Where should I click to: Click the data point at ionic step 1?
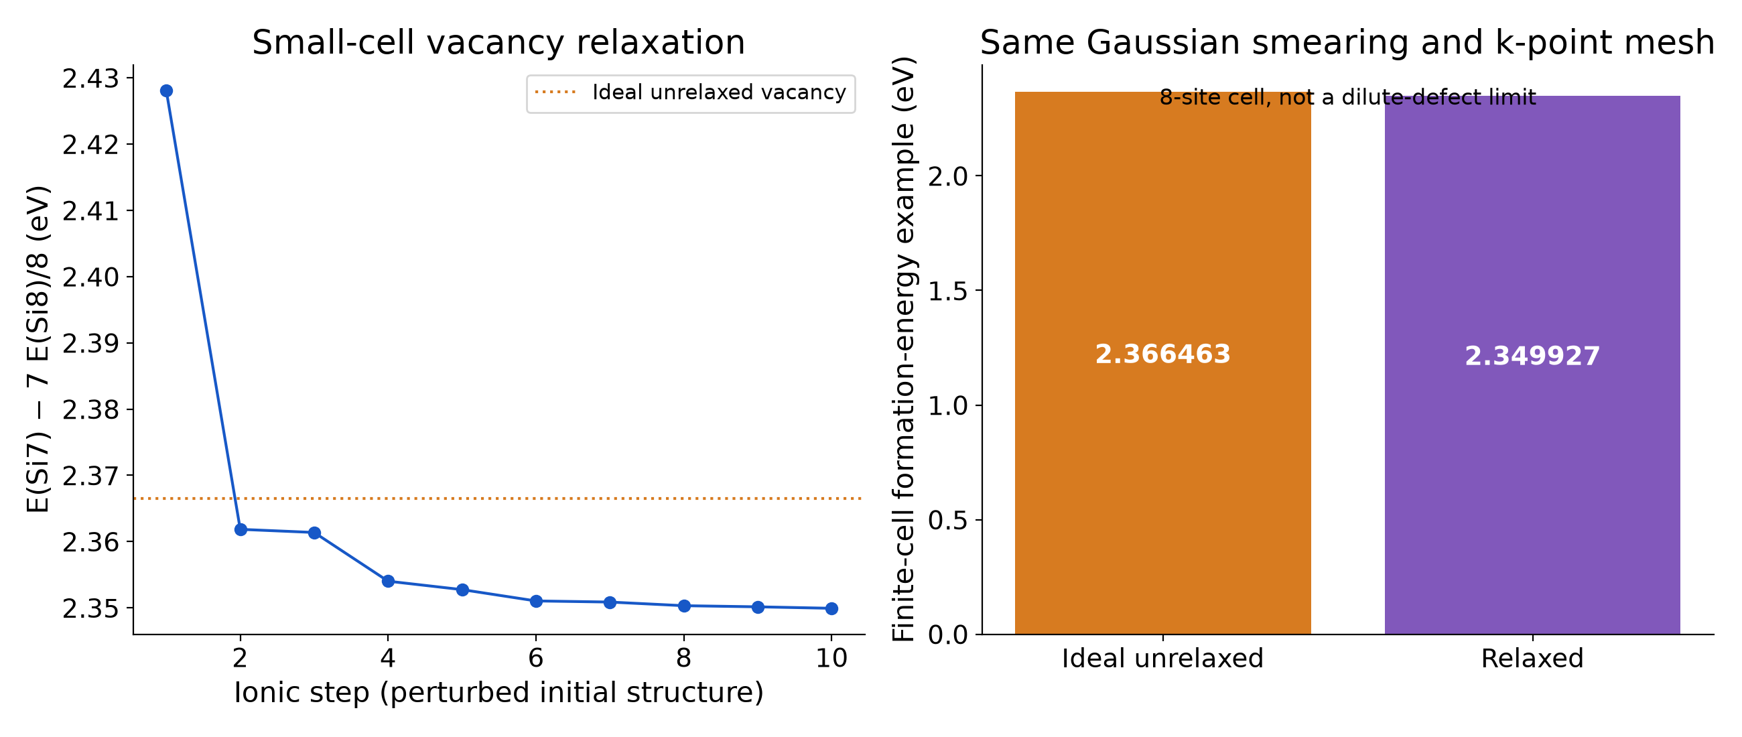coord(166,90)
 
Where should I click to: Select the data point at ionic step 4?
coord(388,582)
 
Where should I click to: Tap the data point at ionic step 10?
coord(831,608)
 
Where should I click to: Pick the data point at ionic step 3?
coord(314,533)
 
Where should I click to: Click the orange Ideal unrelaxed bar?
coord(1162,363)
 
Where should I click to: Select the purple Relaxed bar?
coord(1532,365)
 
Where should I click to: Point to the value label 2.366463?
coord(1162,354)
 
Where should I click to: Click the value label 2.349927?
coord(1532,356)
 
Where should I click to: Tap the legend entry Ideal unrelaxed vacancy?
coord(691,92)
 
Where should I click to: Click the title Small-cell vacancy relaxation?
coord(498,42)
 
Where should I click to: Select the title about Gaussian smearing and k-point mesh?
coord(1347,42)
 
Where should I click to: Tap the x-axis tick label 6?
coord(536,658)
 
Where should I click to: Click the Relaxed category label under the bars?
coord(1532,659)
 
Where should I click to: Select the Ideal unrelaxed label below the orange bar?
coord(1162,659)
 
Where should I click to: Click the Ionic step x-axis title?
coord(498,693)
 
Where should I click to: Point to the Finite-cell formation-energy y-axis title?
coord(903,349)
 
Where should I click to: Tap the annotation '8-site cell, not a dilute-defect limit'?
coord(1348,97)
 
